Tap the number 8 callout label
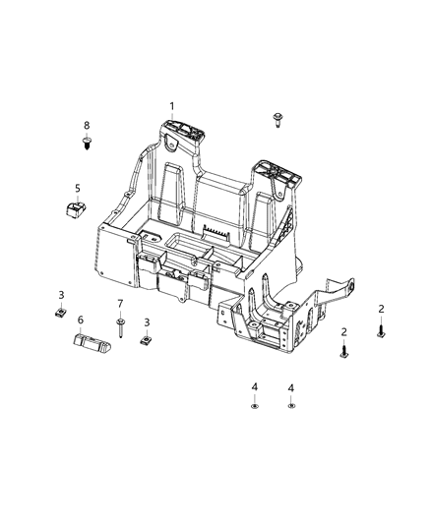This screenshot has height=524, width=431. [x=86, y=126]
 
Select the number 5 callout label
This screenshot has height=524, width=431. [x=77, y=188]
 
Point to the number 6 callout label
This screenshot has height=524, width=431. [x=81, y=320]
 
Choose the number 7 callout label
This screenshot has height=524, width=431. [x=120, y=304]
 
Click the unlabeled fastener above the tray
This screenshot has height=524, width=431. [x=277, y=121]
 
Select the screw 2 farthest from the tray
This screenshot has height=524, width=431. [x=381, y=332]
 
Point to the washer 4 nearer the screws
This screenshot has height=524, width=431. [x=291, y=406]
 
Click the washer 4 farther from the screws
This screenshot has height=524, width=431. [x=255, y=406]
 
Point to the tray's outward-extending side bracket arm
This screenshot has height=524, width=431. [x=335, y=291]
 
